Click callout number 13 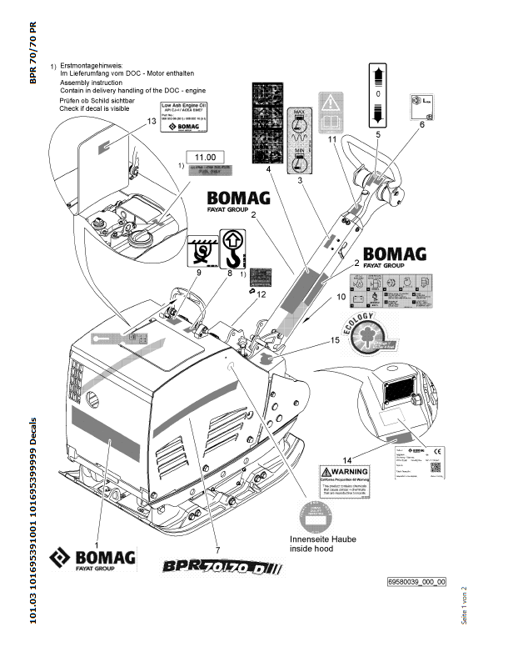152,121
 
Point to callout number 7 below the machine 217,549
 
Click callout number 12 261,293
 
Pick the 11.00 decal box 205,157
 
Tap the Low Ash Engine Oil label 185,111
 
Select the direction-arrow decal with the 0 378,94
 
